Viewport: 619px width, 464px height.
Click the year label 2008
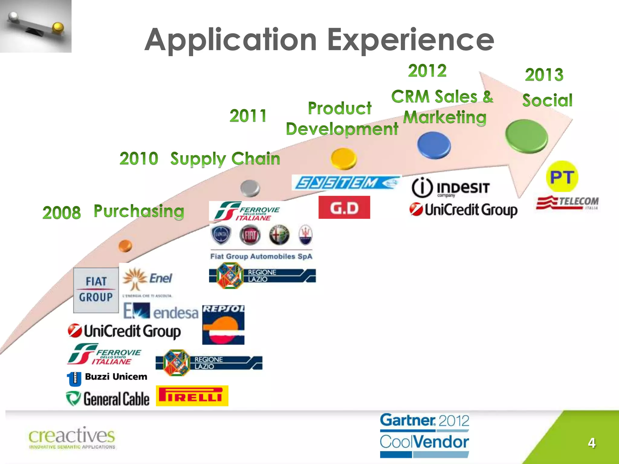[62, 212]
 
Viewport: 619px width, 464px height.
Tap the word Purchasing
[139, 211]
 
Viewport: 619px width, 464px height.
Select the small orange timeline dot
[125, 246]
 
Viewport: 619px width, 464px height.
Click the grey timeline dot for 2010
[250, 188]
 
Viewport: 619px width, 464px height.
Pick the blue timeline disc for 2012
[434, 145]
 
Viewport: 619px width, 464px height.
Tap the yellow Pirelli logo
[192, 396]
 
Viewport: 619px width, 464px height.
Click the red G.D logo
[344, 208]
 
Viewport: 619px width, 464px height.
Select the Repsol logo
[223, 325]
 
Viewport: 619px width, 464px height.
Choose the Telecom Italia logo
[567, 202]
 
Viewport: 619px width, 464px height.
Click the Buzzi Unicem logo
[107, 378]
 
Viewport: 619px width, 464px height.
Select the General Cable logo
[108, 399]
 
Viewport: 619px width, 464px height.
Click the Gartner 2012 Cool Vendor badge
[424, 435]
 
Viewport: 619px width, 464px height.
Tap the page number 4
[591, 443]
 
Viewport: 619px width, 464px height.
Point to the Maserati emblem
[305, 235]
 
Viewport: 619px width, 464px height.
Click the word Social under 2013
[547, 100]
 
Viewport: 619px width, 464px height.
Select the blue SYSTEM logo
[346, 183]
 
